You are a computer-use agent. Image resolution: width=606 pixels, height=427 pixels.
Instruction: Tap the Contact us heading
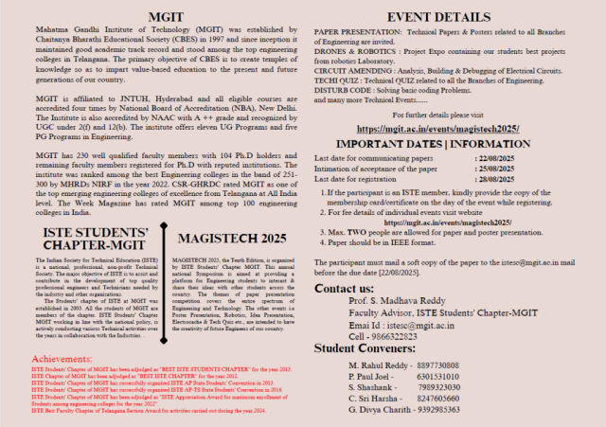[344, 287]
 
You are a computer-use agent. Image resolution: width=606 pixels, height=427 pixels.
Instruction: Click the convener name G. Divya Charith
[380, 412]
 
